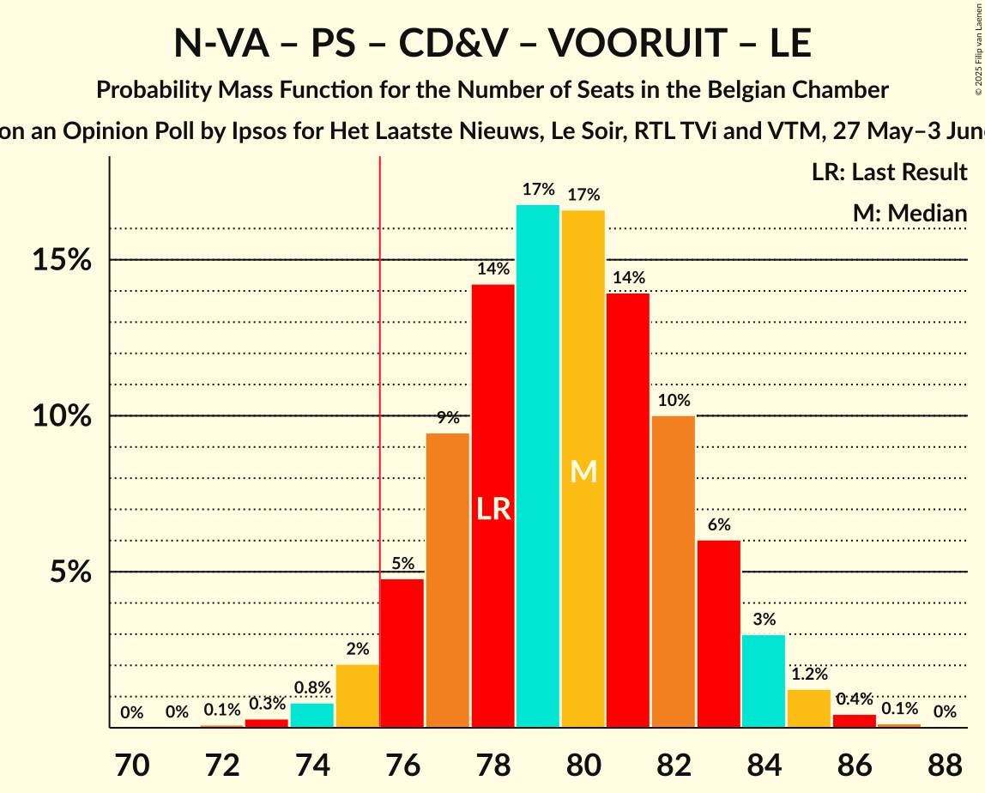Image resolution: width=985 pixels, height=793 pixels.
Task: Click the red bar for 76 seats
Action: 402,653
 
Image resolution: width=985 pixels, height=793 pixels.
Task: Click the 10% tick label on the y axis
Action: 62,416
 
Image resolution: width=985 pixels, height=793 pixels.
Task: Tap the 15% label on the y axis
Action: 62,260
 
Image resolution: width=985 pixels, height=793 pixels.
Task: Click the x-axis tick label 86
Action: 855,763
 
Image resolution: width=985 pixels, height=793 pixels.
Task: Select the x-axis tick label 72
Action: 222,763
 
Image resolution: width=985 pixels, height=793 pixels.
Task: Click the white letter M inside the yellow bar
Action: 583,471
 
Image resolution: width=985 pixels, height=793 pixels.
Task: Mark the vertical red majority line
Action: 380,429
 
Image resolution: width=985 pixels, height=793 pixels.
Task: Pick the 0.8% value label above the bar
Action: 312,688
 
